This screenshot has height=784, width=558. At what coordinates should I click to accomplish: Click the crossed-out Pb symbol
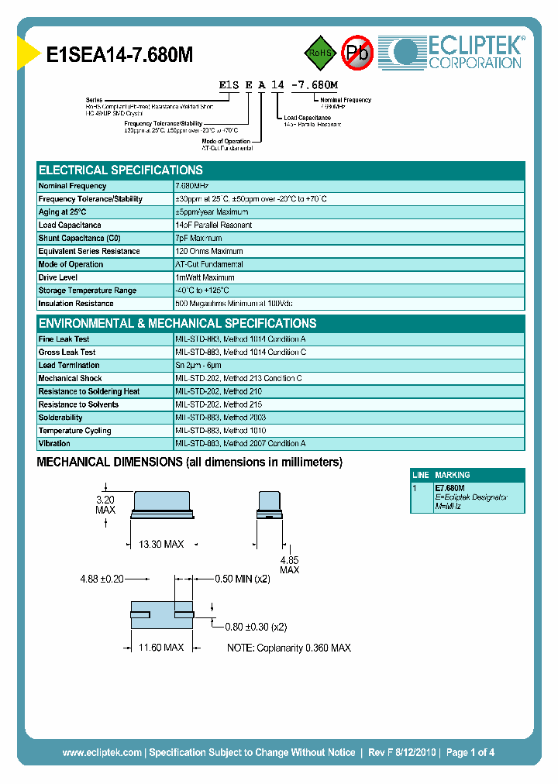pyautogui.click(x=357, y=53)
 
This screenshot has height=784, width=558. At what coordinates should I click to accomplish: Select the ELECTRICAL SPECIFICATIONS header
pyautogui.click(x=121, y=170)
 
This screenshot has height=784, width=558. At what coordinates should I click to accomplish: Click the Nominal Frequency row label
pyautogui.click(x=73, y=186)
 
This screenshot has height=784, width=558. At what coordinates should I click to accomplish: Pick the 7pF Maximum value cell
pyautogui.click(x=198, y=239)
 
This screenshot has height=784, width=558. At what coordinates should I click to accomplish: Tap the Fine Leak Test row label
pyautogui.click(x=64, y=339)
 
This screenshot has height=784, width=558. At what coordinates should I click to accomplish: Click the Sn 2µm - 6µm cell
pyautogui.click(x=198, y=366)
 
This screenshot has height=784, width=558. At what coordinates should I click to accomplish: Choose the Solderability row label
pyautogui.click(x=60, y=418)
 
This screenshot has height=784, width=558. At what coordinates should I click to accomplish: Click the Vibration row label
pyautogui.click(x=54, y=444)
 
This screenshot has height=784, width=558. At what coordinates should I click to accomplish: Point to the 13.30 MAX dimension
pyautogui.click(x=161, y=545)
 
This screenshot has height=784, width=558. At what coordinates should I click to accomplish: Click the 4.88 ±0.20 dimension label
pyautogui.click(x=102, y=579)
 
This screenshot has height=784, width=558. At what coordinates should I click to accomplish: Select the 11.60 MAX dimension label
pyautogui.click(x=161, y=647)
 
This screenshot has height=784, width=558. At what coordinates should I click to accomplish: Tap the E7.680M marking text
pyautogui.click(x=450, y=489)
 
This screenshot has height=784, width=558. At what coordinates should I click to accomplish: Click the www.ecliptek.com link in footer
pyautogui.click(x=102, y=752)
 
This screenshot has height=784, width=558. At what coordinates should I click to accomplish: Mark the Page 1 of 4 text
pyautogui.click(x=470, y=752)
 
